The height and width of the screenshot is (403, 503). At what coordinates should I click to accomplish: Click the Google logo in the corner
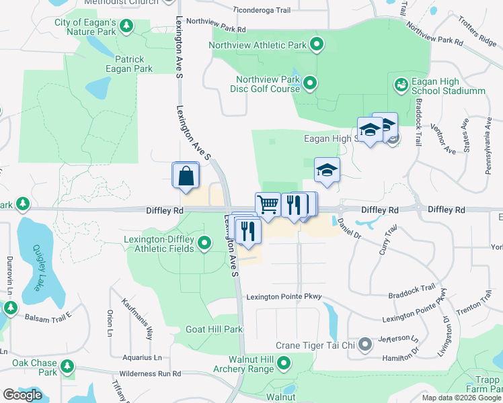pyautogui.click(x=22, y=395)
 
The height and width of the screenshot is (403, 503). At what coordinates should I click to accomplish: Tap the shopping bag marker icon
pyautogui.click(x=186, y=176)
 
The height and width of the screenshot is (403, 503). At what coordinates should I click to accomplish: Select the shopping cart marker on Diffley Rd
pyautogui.click(x=268, y=204)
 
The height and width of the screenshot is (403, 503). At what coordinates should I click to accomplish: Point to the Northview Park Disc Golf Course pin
pyautogui.click(x=310, y=84)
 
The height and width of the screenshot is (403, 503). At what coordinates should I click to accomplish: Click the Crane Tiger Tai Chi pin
pyautogui.click(x=365, y=345)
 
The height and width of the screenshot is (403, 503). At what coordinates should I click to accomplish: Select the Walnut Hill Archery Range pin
pyautogui.click(x=284, y=364)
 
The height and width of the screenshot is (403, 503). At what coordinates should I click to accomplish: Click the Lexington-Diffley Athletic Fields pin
pyautogui.click(x=204, y=243)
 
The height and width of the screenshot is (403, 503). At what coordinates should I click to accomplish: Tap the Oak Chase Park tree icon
pyautogui.click(x=67, y=367)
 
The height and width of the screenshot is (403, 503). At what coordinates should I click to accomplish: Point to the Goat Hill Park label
pyautogui.click(x=214, y=330)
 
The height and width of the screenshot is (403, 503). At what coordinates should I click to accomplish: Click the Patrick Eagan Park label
pyautogui.click(x=129, y=64)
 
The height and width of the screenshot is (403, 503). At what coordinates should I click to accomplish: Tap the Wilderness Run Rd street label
pyautogui.click(x=150, y=373)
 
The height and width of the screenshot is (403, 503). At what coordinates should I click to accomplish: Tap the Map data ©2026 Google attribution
pyautogui.click(x=461, y=397)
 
